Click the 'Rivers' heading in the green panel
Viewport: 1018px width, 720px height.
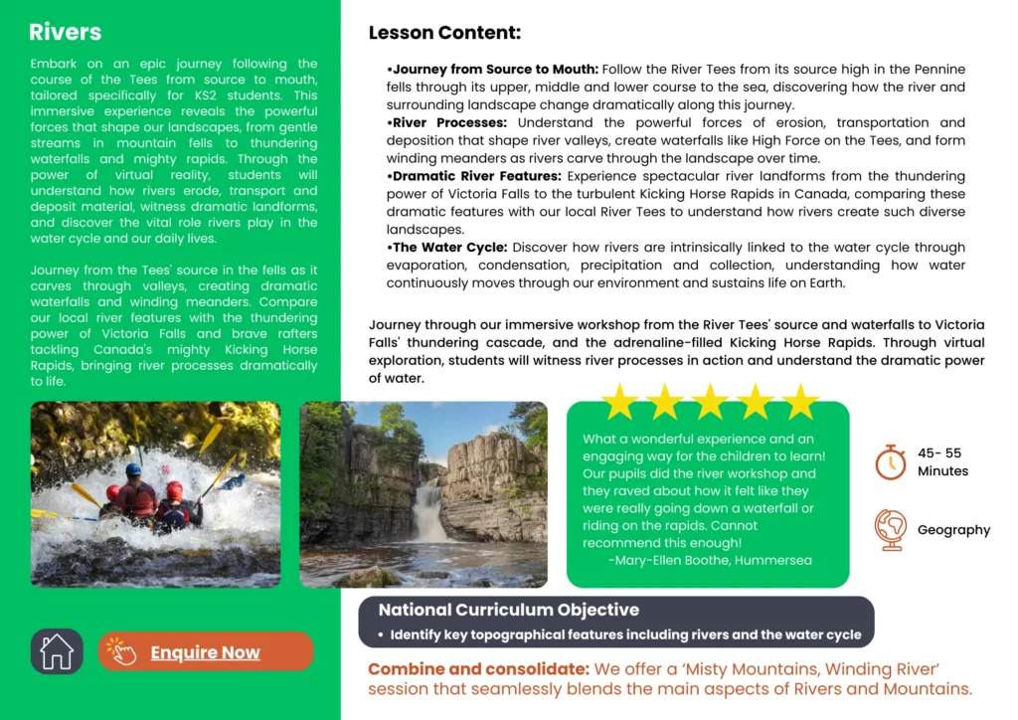(65, 32)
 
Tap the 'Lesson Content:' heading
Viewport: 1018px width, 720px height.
(444, 33)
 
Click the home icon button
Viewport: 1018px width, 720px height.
(57, 651)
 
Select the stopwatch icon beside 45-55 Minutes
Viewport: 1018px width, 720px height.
(890, 461)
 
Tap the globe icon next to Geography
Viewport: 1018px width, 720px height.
(890, 529)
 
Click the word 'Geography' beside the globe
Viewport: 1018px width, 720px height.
(953, 530)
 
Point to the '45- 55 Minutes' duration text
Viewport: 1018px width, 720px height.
(941, 461)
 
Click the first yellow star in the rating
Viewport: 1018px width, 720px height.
(619, 402)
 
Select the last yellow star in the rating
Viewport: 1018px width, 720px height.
(799, 402)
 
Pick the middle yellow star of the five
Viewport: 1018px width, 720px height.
(710, 402)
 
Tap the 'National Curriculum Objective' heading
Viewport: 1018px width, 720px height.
(508, 610)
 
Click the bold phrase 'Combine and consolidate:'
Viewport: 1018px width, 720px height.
(478, 669)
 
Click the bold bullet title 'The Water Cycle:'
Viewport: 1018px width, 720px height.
(449, 248)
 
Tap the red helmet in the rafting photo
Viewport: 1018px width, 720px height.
(175, 489)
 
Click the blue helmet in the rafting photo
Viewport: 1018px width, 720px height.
(133, 470)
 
